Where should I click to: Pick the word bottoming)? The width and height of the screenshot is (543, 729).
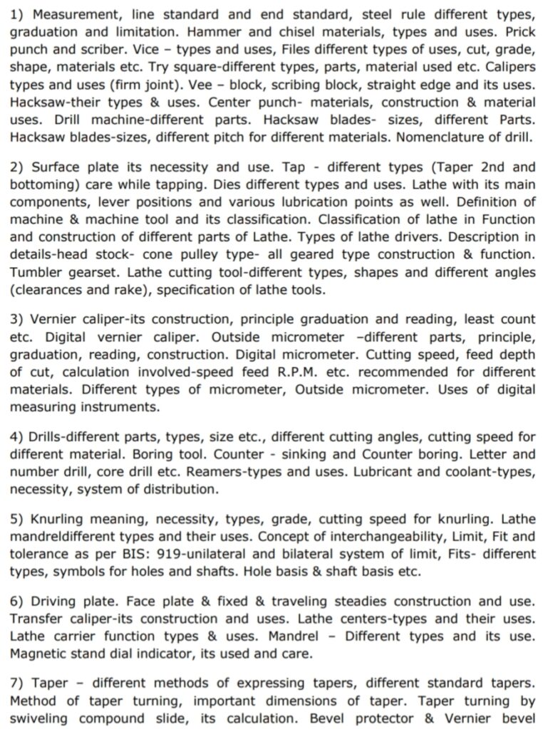[43, 186]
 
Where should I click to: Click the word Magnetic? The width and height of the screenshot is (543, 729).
[41, 653]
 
